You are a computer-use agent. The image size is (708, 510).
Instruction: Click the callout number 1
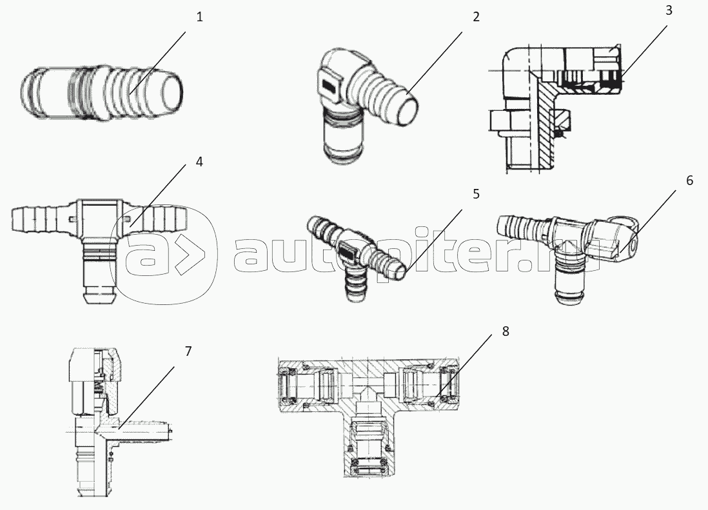(200, 17)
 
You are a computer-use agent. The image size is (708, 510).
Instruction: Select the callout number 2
(476, 17)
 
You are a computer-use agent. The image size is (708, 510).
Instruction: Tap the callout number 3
(669, 10)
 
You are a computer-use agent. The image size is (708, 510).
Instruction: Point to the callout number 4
(199, 162)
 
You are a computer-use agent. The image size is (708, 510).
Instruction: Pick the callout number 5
(476, 193)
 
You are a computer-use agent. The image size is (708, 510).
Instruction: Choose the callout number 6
(689, 180)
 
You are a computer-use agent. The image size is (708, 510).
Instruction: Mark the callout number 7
(188, 351)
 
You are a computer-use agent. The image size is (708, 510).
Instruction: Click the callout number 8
(506, 331)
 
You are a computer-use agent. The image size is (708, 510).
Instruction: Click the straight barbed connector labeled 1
(102, 94)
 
